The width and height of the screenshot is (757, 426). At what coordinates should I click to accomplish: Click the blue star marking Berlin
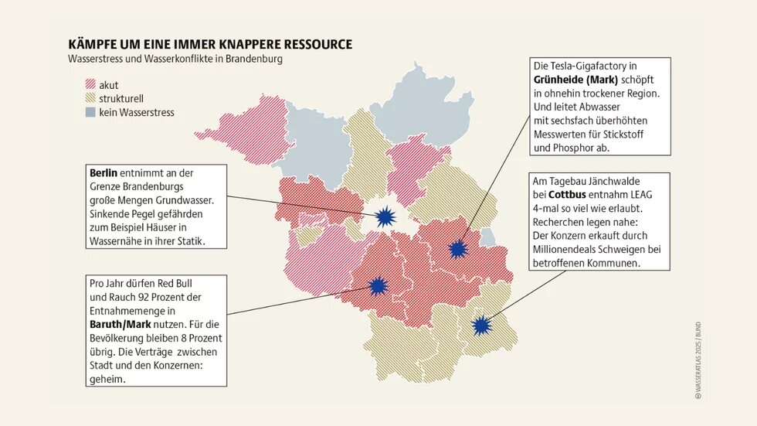click(385, 216)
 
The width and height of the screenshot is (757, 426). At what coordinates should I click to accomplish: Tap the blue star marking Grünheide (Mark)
click(459, 249)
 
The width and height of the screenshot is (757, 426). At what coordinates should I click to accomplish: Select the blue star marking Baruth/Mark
click(378, 286)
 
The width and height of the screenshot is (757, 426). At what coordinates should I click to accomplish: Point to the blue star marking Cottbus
click(482, 325)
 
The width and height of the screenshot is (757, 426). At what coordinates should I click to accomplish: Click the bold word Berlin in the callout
click(104, 172)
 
